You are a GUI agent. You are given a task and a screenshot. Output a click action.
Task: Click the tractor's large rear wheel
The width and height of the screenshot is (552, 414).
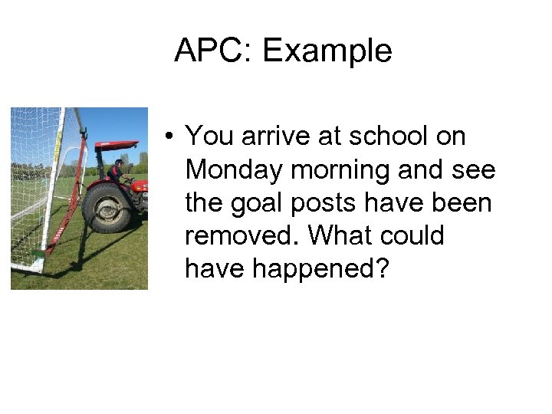click(x=107, y=206)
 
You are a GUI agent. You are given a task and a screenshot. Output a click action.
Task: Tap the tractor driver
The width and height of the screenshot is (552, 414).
click(x=117, y=172)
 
